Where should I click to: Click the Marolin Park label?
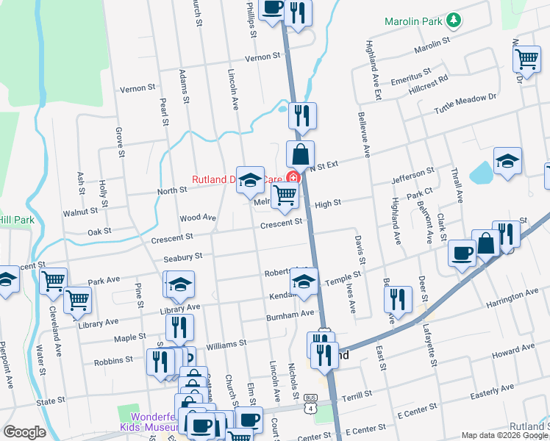click(414, 21)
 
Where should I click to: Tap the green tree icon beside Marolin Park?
click(455, 21)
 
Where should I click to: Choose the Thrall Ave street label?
click(457, 187)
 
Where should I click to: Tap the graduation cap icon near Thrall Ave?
click(507, 161)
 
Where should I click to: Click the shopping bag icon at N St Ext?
click(300, 155)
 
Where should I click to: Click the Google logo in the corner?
click(24, 432)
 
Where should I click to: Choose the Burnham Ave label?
click(290, 315)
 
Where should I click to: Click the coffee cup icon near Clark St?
click(462, 253)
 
